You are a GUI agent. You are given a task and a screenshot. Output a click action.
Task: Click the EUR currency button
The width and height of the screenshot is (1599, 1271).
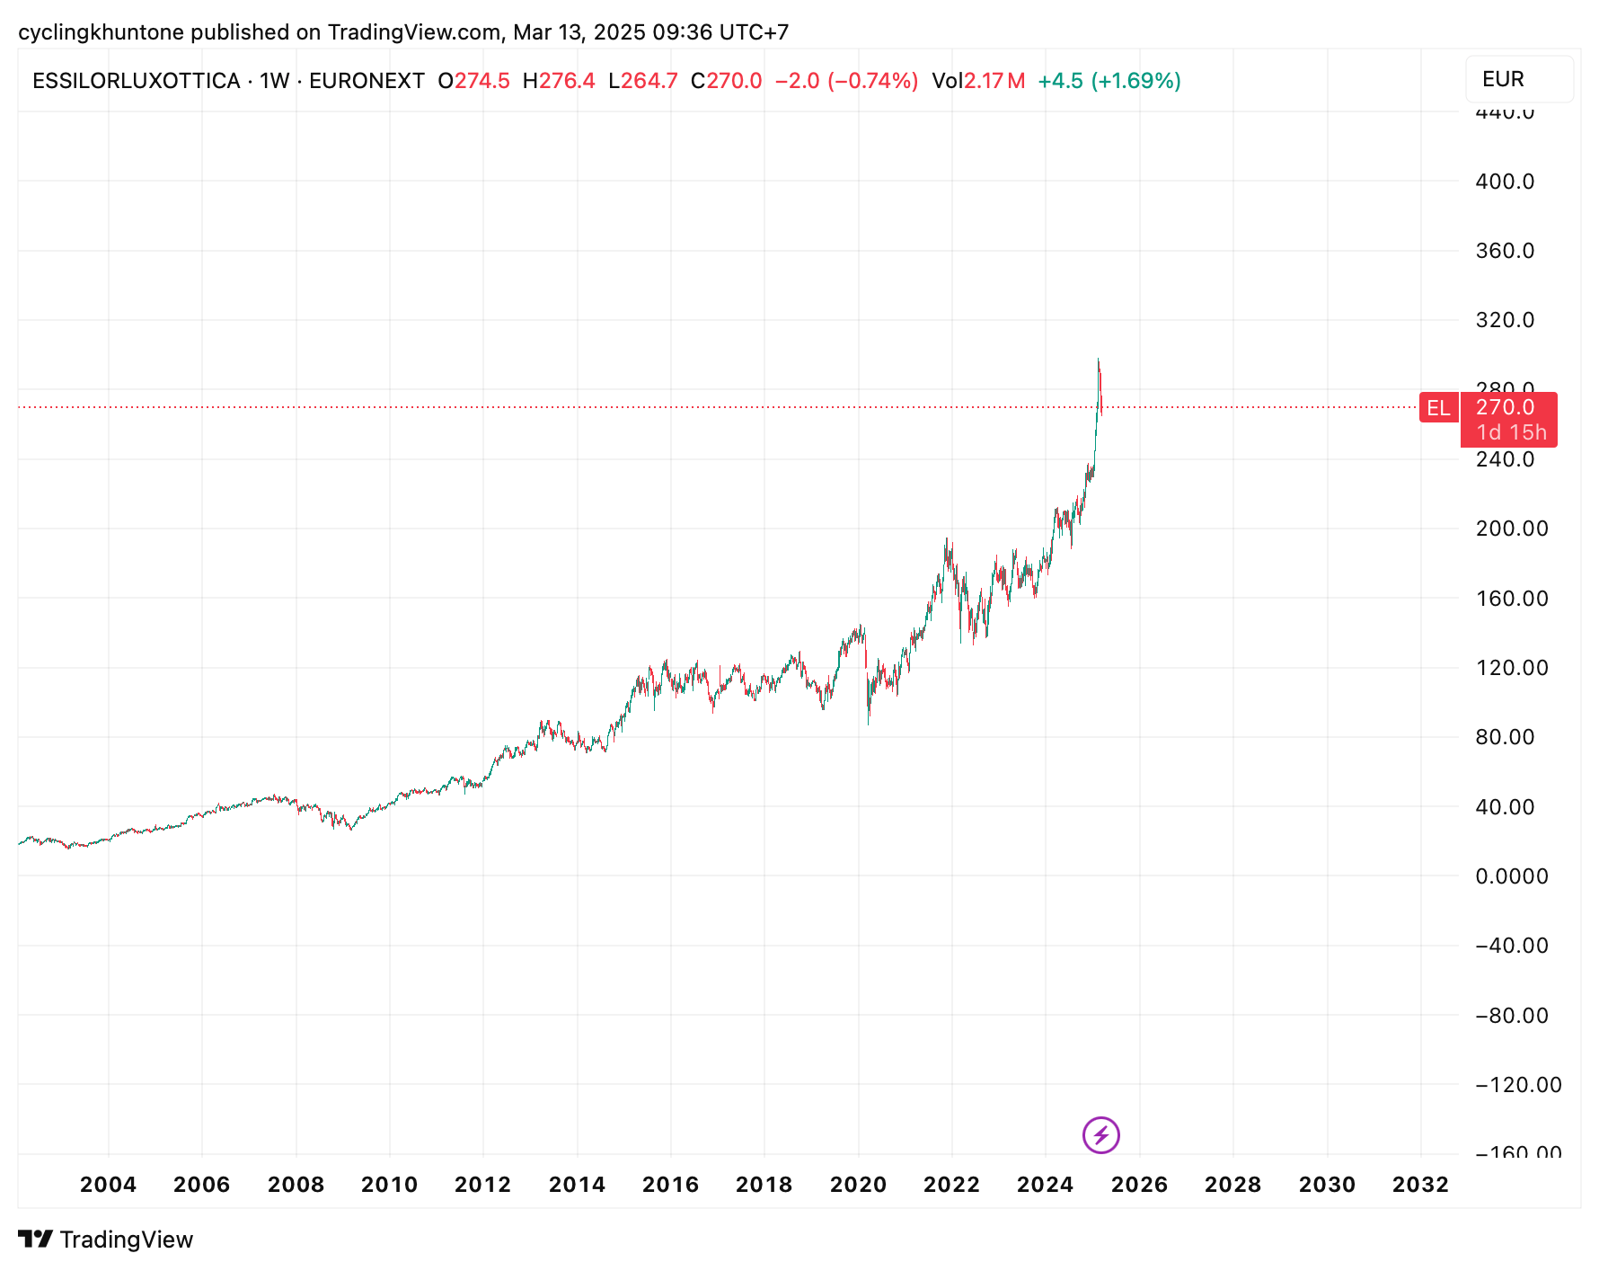tap(1518, 79)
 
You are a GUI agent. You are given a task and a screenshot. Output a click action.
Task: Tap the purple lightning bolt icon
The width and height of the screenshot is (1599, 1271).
tap(1100, 1134)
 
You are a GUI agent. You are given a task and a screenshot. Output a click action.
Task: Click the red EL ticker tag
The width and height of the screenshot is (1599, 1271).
tap(1437, 408)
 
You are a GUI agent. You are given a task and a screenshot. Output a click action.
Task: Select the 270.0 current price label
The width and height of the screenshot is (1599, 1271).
tap(1506, 407)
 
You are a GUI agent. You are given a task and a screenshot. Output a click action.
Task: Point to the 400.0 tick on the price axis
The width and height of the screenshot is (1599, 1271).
tap(1505, 182)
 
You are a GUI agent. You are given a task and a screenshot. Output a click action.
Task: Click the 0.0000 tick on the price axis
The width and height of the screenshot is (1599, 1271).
tap(1512, 876)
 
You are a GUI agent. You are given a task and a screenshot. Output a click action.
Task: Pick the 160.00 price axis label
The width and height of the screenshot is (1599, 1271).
tap(1512, 599)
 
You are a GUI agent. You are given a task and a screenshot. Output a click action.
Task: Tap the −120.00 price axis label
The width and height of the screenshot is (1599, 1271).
tap(1518, 1085)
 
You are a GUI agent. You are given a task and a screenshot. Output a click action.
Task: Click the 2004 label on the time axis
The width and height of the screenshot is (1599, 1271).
tap(108, 1185)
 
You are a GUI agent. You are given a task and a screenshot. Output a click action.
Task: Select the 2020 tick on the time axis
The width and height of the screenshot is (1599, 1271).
tap(858, 1185)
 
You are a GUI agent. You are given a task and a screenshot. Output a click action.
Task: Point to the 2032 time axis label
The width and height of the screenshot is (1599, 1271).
tap(1420, 1185)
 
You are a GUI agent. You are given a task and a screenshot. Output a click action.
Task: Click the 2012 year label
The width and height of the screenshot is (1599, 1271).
tap(482, 1185)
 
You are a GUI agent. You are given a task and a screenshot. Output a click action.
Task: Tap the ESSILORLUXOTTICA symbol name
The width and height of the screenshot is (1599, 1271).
tap(137, 81)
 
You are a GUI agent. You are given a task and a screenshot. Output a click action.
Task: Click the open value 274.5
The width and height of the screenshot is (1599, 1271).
tap(481, 81)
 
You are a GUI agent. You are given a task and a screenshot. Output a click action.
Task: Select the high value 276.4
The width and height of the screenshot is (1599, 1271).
tap(567, 81)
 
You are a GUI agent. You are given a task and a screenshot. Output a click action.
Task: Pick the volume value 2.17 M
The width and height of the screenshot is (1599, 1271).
tap(994, 81)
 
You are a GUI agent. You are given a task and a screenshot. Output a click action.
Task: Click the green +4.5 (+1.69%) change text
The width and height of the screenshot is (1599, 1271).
tap(1109, 81)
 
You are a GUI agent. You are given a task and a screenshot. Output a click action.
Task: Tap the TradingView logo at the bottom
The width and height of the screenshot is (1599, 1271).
tap(106, 1240)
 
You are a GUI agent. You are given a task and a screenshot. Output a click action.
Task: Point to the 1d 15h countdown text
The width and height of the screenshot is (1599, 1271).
tap(1511, 432)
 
